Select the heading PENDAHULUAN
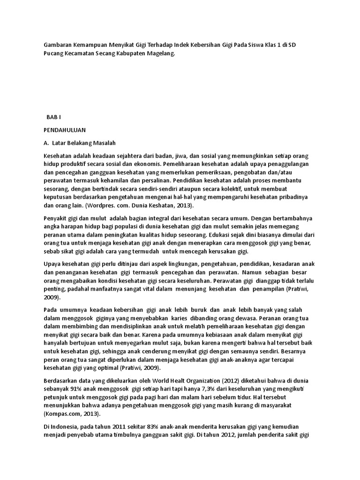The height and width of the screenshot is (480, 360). pyautogui.click(x=65, y=129)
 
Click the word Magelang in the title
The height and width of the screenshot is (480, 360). pyautogui.click(x=160, y=54)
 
